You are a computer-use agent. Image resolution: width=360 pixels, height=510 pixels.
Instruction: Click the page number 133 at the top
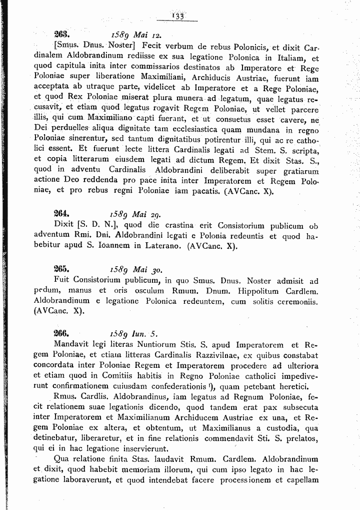point(177,17)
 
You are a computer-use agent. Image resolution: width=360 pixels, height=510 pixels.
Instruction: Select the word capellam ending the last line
point(301,480)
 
